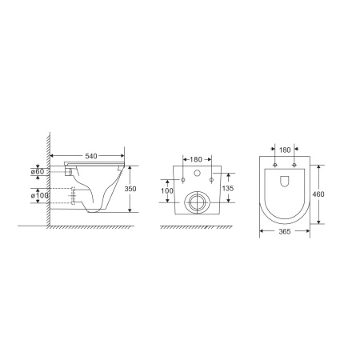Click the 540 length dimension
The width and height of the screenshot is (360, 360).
point(91,156)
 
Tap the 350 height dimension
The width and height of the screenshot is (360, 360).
point(130,189)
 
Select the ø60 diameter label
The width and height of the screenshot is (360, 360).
point(38,171)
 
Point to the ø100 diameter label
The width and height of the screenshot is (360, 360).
point(39,195)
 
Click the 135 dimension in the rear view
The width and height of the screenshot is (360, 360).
point(228,188)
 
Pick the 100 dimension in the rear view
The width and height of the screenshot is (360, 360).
point(167,191)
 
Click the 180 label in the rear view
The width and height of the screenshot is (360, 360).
point(196,159)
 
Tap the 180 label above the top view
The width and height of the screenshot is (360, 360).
point(285,150)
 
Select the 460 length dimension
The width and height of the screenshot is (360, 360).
point(318,194)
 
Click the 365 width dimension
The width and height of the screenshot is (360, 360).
point(285,232)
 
